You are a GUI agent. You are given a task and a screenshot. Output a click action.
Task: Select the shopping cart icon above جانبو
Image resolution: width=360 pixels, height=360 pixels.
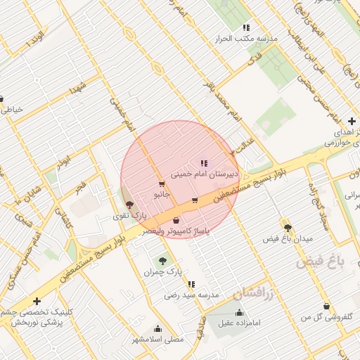tap(162, 185)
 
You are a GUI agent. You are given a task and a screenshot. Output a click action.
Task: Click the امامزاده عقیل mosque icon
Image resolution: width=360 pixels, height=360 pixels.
tap(239, 312)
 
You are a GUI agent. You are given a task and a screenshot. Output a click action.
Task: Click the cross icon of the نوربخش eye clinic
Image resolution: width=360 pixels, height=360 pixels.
tap(37, 301)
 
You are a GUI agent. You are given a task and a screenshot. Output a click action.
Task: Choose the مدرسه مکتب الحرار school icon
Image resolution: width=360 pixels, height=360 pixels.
tap(246, 27)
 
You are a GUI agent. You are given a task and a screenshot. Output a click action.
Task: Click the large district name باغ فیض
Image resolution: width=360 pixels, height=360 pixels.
tap(321, 262)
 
